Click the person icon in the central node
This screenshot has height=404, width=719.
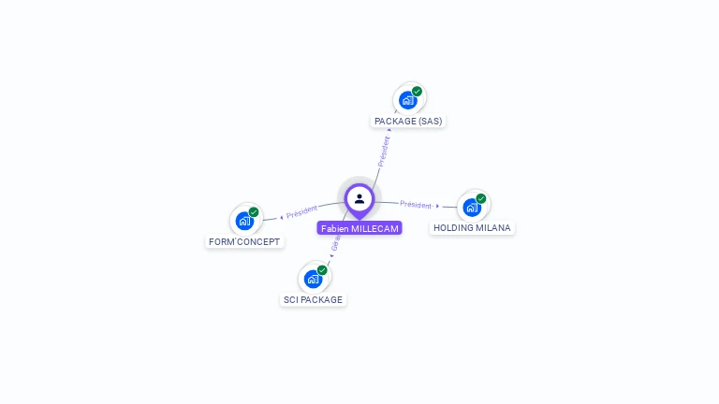tap(359, 198)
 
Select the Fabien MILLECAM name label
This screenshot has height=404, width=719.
tap(359, 228)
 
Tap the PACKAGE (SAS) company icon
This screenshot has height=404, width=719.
tap(407, 100)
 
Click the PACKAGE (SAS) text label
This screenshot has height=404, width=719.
tap(408, 122)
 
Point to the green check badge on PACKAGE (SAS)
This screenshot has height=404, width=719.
tap(417, 92)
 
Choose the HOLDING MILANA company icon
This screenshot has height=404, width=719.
tap(472, 207)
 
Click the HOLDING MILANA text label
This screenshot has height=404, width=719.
tap(472, 228)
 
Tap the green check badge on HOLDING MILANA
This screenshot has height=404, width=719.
tap(481, 198)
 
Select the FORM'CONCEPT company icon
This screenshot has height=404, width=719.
tap(244, 221)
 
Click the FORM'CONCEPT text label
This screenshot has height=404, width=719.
tap(244, 242)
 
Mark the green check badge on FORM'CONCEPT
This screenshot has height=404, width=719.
tap(254, 212)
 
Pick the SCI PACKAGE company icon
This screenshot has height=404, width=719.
tap(313, 279)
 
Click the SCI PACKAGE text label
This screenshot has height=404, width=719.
tap(314, 300)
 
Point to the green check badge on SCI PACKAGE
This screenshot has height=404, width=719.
tap(322, 270)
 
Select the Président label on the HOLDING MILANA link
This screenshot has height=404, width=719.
tap(416, 205)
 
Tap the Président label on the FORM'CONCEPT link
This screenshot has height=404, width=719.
tap(302, 212)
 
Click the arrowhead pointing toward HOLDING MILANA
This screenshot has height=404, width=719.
tap(438, 206)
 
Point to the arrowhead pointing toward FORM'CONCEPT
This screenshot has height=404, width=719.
tap(282, 218)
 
